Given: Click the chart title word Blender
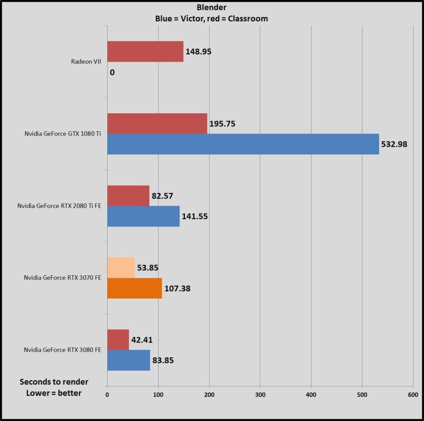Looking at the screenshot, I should pyautogui.click(x=212, y=8).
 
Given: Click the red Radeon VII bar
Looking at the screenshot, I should pyautogui.click(x=145, y=52).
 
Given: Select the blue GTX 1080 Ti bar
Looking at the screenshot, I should pyautogui.click(x=243, y=144).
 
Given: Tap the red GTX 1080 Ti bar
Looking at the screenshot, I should pyautogui.click(x=157, y=123).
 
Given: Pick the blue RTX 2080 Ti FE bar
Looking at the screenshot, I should pyautogui.click(x=143, y=216).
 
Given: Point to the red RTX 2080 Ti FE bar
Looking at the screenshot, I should pyautogui.click(x=128, y=195).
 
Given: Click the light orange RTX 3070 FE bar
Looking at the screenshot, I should pyautogui.click(x=121, y=268).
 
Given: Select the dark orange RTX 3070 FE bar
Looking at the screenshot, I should pyautogui.click(x=134, y=288).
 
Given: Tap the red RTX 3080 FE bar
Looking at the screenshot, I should pyautogui.click(x=118, y=339).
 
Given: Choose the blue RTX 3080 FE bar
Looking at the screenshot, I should pyautogui.click(x=128, y=360).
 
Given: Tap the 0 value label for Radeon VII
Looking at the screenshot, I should pyautogui.click(x=112, y=72).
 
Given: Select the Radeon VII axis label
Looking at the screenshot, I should pyautogui.click(x=86, y=61).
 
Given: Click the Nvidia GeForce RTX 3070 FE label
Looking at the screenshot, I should pyautogui.click(x=63, y=277).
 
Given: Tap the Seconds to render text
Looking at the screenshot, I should pyautogui.click(x=54, y=381).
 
